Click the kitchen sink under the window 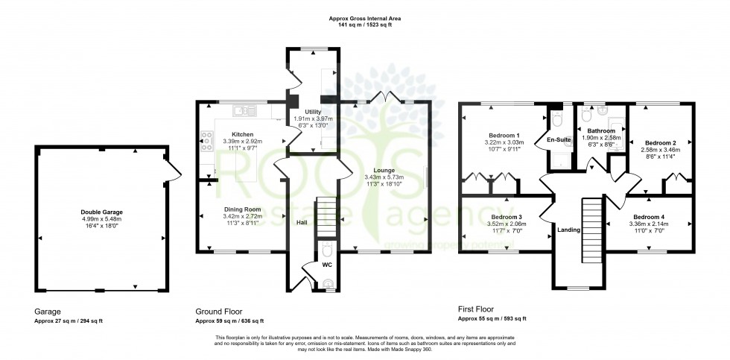pos(242,112)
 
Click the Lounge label pos(384,170)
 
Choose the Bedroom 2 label pos(660,142)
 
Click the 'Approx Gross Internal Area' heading pos(361,18)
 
